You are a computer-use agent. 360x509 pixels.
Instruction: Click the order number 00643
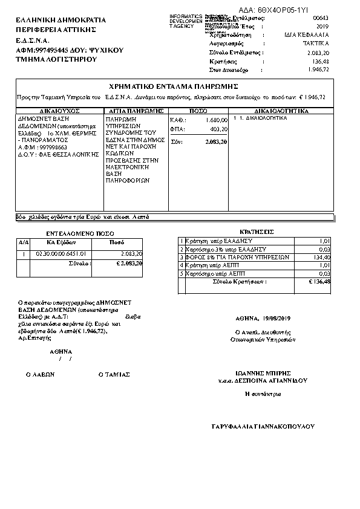click(320, 19)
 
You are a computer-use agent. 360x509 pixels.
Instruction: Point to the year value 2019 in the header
click(322, 27)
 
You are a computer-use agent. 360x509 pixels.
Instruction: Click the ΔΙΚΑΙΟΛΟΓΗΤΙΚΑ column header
click(281, 112)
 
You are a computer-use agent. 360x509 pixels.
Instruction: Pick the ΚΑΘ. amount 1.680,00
click(216, 120)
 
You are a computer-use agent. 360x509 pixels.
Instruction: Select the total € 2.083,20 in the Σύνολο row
click(129, 264)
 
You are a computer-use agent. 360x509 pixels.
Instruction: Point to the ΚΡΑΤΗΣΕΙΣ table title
click(257, 232)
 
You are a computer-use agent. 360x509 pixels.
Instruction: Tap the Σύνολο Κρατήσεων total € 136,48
click(319, 282)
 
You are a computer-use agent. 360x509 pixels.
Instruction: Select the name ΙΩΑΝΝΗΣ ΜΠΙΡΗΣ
click(263, 373)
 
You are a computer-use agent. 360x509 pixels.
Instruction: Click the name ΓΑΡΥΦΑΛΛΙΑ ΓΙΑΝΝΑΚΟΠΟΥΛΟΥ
click(263, 426)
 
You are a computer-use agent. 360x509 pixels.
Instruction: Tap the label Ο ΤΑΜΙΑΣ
click(114, 375)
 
